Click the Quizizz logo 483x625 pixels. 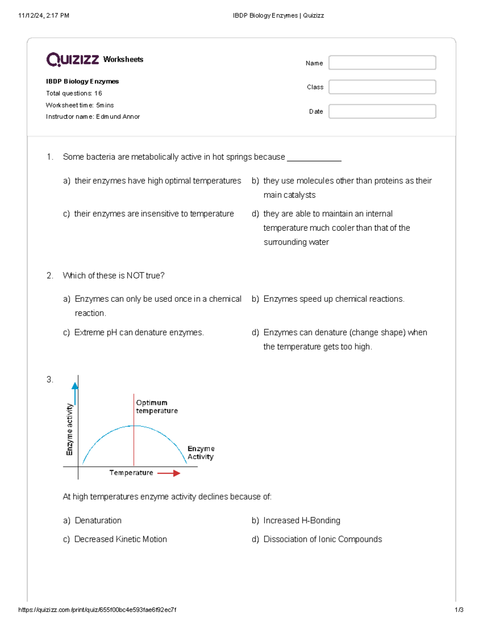tap(72, 60)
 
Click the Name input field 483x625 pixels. tap(382, 63)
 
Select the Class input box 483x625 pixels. tap(382, 87)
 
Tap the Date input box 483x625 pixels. tap(382, 111)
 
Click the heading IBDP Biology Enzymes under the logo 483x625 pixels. tap(82, 81)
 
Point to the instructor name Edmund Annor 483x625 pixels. tap(118, 117)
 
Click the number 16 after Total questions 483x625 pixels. tap(98, 93)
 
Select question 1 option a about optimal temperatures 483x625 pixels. tap(157, 181)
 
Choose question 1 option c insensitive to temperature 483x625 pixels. tap(154, 214)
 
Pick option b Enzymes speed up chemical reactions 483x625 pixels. tap(334, 299)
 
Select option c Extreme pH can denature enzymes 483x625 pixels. tap(139, 332)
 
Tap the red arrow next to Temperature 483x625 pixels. tap(169, 473)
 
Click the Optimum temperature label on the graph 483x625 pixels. tap(157, 406)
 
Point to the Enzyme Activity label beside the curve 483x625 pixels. tap(201, 453)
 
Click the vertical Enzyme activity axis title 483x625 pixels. tap(70, 429)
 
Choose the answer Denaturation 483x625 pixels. tap(98, 520)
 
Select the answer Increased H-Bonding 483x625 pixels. tap(301, 520)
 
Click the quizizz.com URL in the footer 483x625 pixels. tap(97, 610)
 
